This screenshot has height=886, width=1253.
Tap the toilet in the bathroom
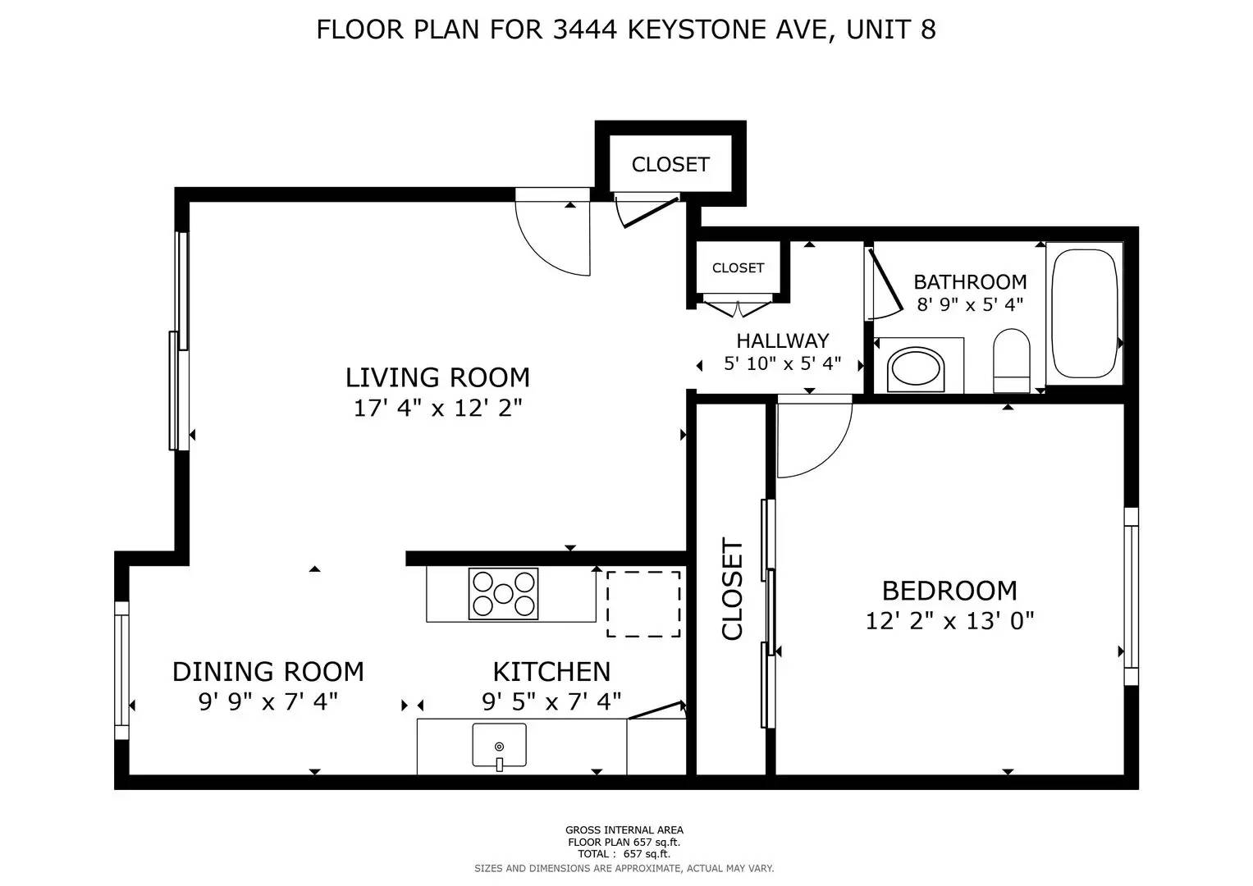(x=1011, y=361)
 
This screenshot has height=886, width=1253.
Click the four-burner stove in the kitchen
(x=503, y=593)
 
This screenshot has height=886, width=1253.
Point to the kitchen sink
(x=499, y=746)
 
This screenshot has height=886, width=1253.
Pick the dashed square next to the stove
(x=643, y=604)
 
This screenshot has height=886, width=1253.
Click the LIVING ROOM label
(x=437, y=377)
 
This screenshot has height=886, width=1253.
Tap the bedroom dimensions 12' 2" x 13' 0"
(x=949, y=620)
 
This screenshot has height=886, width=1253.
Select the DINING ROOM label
(x=268, y=672)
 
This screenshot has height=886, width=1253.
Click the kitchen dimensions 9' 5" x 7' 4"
(x=551, y=702)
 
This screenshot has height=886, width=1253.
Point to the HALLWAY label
(x=782, y=340)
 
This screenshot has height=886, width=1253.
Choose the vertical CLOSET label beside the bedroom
(x=732, y=588)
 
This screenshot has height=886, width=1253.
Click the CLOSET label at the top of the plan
(x=670, y=164)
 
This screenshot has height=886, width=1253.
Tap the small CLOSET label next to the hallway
(x=738, y=268)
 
